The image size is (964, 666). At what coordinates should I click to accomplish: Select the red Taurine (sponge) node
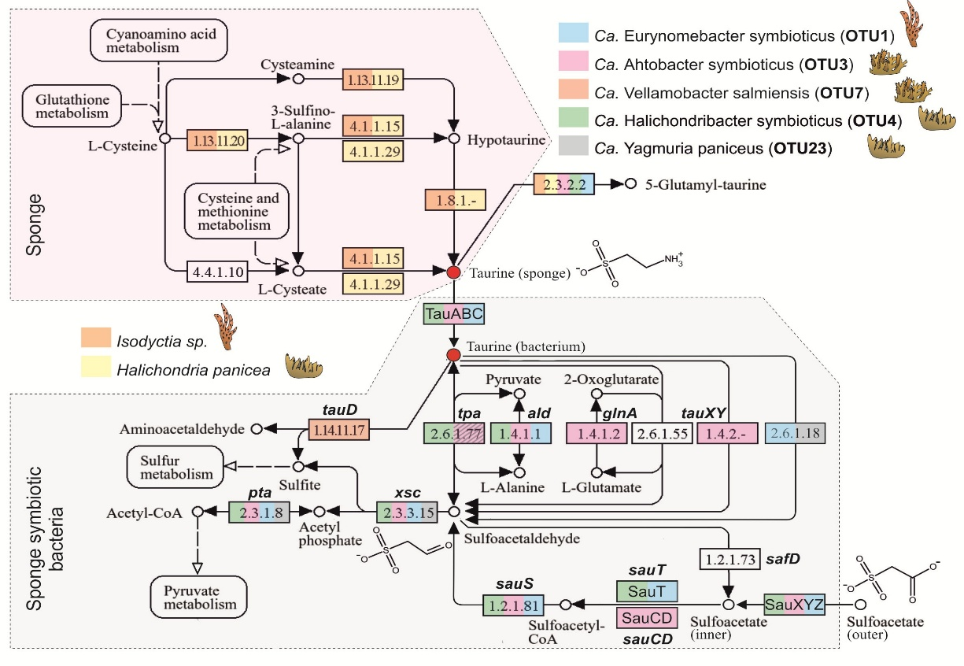tap(453, 272)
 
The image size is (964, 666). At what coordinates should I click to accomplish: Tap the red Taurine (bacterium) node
tap(453, 356)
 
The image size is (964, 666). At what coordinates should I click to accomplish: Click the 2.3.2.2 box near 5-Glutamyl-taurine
tap(563, 184)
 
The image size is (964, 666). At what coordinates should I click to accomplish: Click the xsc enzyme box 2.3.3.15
tap(406, 512)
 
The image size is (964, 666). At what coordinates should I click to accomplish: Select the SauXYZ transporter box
tap(793, 605)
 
